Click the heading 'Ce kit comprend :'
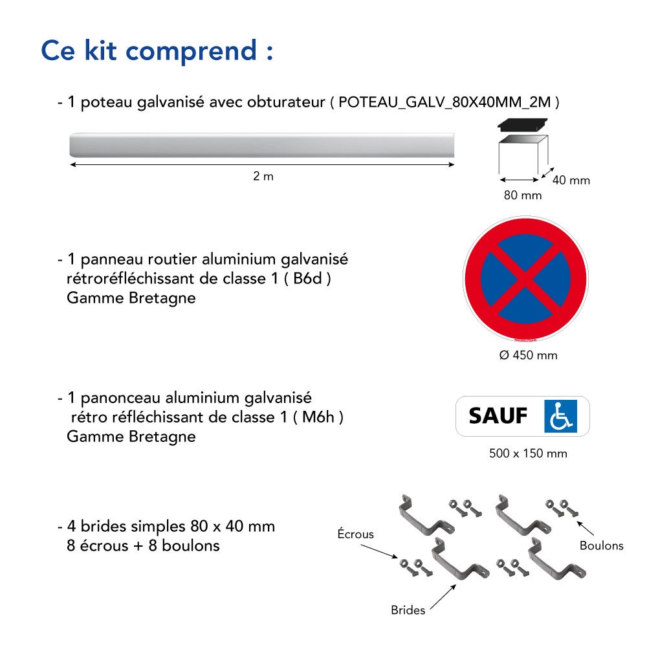pos(157,51)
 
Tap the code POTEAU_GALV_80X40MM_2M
pos(444,102)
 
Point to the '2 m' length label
pos(263,176)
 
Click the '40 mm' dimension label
pos(571,181)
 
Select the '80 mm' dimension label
pos(523,195)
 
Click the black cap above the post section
pos(522,125)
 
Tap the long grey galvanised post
pos(262,145)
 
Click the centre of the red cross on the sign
pos(525,278)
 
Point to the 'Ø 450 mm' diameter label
pos(528,355)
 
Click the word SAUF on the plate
pos(498,416)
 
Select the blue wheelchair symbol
pos(561,416)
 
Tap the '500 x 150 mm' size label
pos(528,454)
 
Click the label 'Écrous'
pos(355,534)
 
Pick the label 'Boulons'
pos(601,545)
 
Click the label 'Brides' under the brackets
pos(408,610)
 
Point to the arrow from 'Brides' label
pos(443,597)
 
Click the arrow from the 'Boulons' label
pos(585,528)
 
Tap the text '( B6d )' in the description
pos(307,279)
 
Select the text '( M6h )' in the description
pos(318,417)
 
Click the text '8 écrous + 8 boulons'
pos(143,546)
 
